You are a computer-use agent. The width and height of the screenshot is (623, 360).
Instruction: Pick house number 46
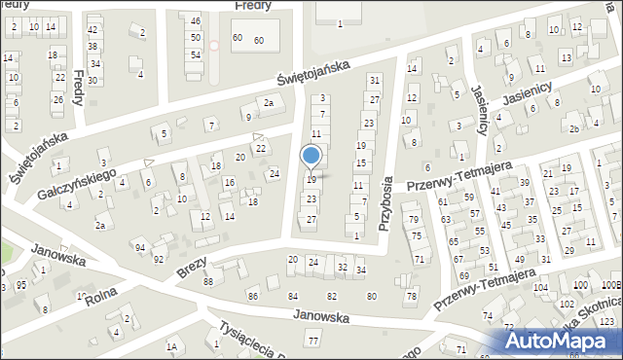[x=196, y=21]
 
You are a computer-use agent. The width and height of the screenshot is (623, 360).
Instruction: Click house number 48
[x=93, y=30]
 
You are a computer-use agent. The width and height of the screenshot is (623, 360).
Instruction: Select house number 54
[x=196, y=54]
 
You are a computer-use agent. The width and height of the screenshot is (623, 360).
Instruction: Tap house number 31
[x=374, y=80]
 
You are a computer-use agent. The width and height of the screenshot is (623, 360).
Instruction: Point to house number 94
[x=140, y=247]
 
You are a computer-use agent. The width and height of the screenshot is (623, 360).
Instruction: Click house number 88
[x=208, y=282]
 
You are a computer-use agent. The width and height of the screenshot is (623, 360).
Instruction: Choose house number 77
[x=312, y=342]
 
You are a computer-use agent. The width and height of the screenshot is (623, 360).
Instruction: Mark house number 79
[x=414, y=219]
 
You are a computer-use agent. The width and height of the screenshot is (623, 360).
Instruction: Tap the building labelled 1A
[x=172, y=345]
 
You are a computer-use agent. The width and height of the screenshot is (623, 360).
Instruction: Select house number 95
[x=21, y=285]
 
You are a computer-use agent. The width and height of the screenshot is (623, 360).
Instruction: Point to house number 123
[x=607, y=320]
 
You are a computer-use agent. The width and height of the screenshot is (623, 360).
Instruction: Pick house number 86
[x=253, y=295]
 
